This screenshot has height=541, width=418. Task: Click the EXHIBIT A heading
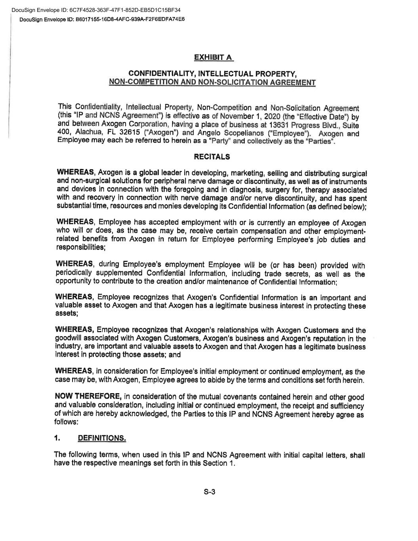pyautogui.click(x=213, y=58)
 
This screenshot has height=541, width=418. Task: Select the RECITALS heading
pyautogui.click(x=212, y=157)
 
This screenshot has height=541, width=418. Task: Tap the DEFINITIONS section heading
pyautogui.click(x=102, y=438)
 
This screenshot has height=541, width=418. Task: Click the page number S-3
pyautogui.click(x=209, y=492)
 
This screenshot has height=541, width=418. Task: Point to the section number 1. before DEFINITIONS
pyautogui.click(x=58, y=438)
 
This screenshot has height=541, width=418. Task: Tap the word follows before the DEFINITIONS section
pyautogui.click(x=66, y=422)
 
